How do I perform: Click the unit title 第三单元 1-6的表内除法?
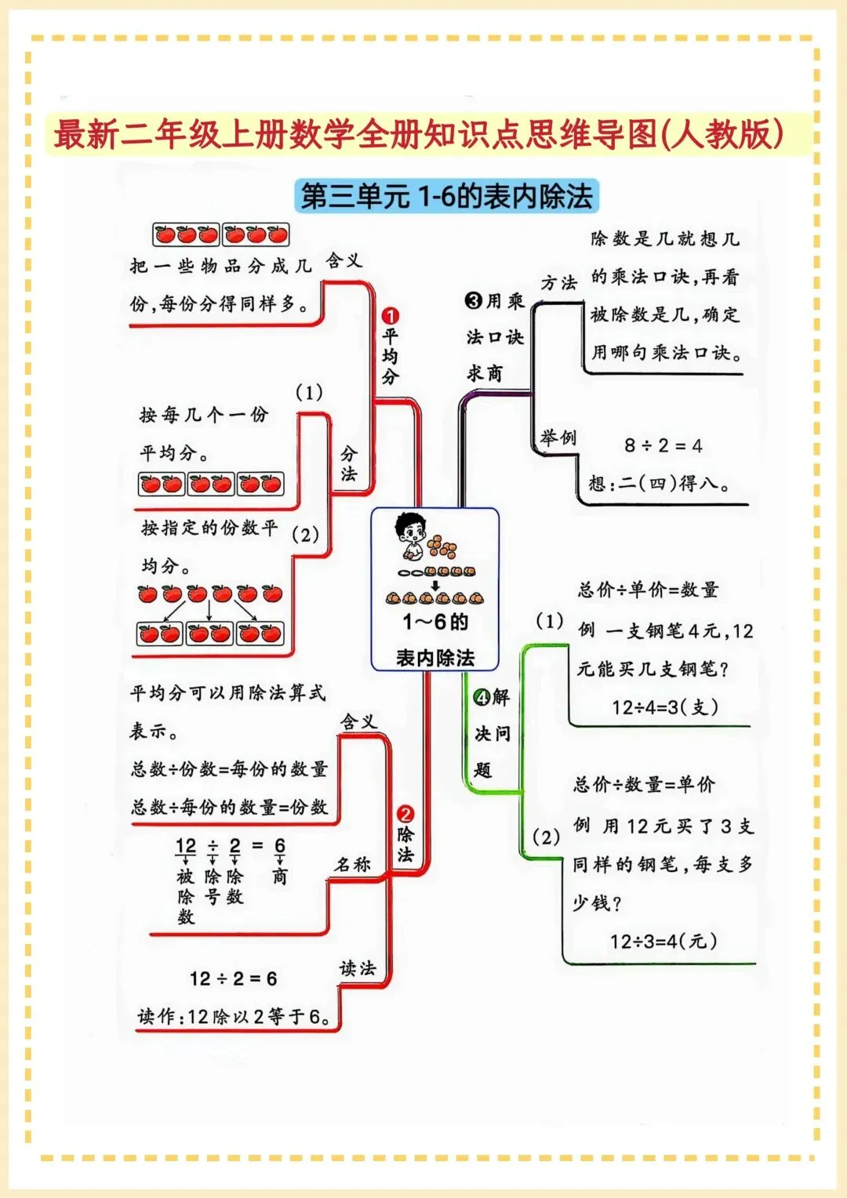coord(446,196)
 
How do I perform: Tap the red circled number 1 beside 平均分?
coord(390,316)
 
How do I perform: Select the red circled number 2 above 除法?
coord(405,814)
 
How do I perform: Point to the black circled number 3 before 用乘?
coord(474,300)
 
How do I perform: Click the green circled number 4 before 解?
coord(482,697)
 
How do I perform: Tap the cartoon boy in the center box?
coord(410,534)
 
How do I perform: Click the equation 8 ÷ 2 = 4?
coord(663,445)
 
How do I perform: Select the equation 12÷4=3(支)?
coord(665,707)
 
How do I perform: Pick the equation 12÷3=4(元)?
coord(663,941)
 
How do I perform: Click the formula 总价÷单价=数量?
coord(648,590)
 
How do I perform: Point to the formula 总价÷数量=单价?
coord(644,784)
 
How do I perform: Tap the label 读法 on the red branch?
coord(358,968)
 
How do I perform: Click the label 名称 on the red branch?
coord(352,864)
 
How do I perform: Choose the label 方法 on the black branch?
coord(558,282)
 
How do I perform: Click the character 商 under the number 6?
coord(280,877)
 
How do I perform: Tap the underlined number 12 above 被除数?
coord(186,846)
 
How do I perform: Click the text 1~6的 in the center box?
coord(435,622)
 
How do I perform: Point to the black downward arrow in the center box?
coord(435,585)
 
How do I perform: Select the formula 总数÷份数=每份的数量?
coord(229,769)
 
